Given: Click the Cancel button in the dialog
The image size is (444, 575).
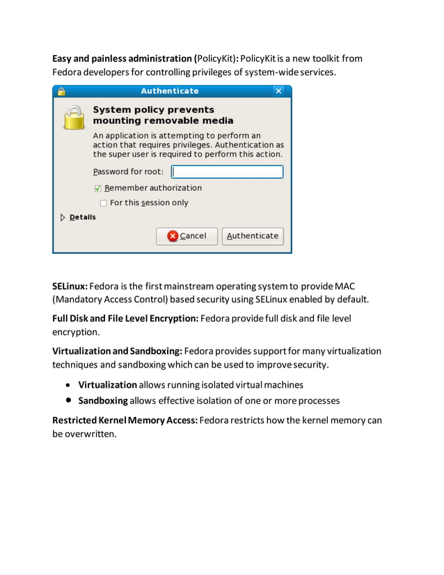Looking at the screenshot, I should [x=187, y=236].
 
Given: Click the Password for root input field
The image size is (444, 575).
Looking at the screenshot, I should [x=227, y=172].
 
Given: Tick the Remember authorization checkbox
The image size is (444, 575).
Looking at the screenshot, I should [x=98, y=188].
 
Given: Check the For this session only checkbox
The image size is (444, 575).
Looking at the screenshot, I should [x=104, y=203].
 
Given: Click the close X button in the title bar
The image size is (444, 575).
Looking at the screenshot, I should [x=278, y=91].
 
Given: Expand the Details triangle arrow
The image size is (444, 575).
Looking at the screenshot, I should [x=63, y=217].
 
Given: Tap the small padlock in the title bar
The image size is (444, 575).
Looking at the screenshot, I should [x=61, y=91].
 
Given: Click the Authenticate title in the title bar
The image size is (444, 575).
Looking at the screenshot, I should [x=169, y=91].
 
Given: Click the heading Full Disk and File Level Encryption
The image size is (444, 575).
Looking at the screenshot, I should [x=125, y=318].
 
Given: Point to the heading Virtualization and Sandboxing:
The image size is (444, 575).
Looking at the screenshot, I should [x=117, y=351].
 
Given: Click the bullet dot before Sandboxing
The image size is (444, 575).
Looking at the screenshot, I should [x=68, y=401].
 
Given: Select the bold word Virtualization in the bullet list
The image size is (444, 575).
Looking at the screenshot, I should [x=107, y=384].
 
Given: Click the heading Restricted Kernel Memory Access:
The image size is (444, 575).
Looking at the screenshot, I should [x=125, y=420].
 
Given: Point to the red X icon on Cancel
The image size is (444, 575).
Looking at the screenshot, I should [x=173, y=236].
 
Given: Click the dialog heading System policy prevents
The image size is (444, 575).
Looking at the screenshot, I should [x=153, y=110].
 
